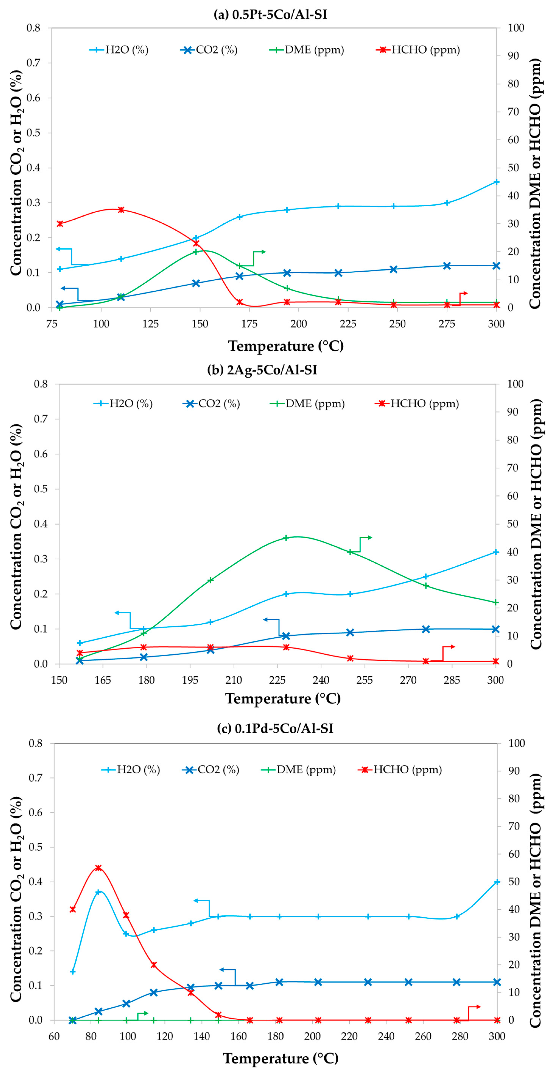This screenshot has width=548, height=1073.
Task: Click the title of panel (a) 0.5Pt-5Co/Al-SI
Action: tap(271, 15)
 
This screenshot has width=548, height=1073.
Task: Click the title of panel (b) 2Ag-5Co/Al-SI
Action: tap(262, 370)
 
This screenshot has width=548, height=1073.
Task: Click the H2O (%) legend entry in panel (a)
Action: tap(119, 50)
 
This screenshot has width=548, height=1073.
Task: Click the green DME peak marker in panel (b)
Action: tap(286, 538)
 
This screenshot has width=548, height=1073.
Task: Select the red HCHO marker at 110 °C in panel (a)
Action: tap(121, 210)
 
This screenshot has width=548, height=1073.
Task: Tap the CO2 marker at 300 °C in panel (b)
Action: tap(496, 629)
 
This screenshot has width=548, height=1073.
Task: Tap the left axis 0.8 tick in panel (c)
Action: tap(35, 743)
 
